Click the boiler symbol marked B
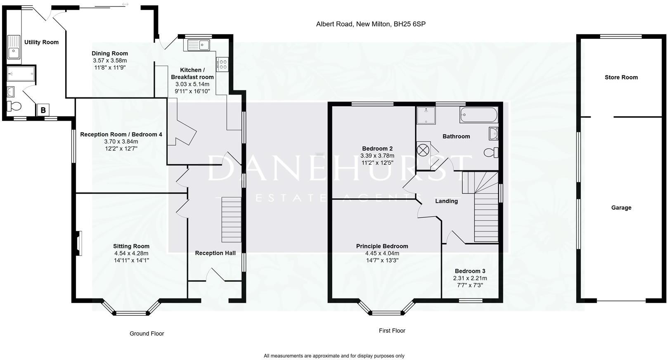pyautogui.click(x=43, y=110)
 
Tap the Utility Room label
pyautogui.click(x=41, y=42)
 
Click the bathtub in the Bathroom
pyautogui.click(x=479, y=115)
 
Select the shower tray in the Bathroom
pyautogui.click(x=426, y=116)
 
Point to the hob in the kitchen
pyautogui.click(x=222, y=64)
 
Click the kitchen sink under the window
pyautogui.click(x=199, y=45)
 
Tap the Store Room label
pyautogui.click(x=621, y=77)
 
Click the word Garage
pyautogui.click(x=621, y=208)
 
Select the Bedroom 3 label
pyautogui.click(x=470, y=271)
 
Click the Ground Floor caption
pyautogui.click(x=147, y=334)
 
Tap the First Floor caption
pyautogui.click(x=392, y=331)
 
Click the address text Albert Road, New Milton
pyautogui.click(x=371, y=24)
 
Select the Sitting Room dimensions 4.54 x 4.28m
pyautogui.click(x=131, y=253)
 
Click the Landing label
pyautogui.click(x=447, y=201)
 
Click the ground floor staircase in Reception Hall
pyautogui.click(x=232, y=220)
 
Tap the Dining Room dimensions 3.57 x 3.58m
pyautogui.click(x=110, y=60)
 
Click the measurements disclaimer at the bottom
pyautogui.click(x=334, y=356)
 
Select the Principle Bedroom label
pyautogui.click(x=382, y=246)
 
